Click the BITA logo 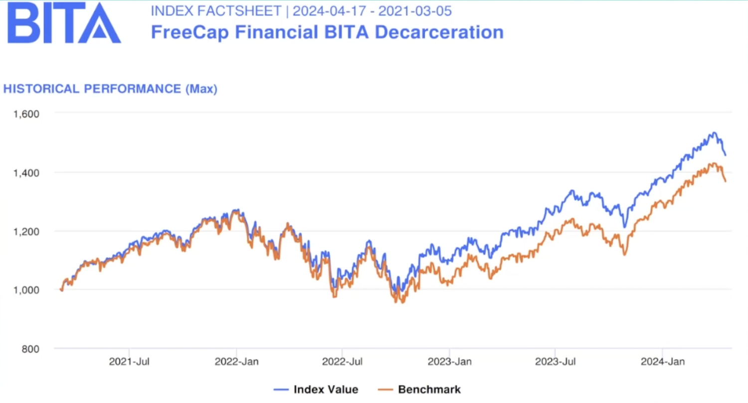click(64, 23)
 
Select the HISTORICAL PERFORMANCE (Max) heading click(110, 89)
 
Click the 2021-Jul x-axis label click(129, 362)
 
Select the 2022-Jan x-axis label click(236, 362)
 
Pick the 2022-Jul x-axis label click(343, 362)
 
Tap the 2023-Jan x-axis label click(449, 362)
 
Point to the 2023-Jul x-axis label click(556, 362)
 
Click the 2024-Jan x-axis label click(663, 362)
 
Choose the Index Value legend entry click(316, 390)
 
